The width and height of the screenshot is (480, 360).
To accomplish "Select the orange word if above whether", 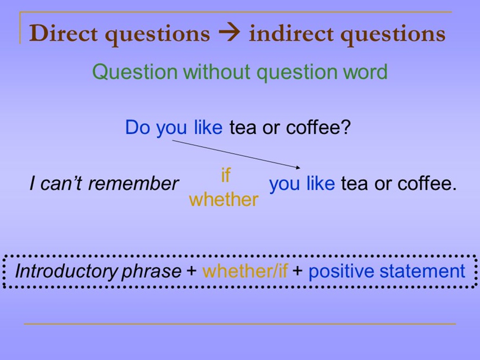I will pos(225,176).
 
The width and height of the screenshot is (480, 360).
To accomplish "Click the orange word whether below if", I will pos(224,199).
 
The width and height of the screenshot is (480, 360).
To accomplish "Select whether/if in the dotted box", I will pos(244,271).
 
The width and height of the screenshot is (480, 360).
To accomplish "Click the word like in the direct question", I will pos(208,127).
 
